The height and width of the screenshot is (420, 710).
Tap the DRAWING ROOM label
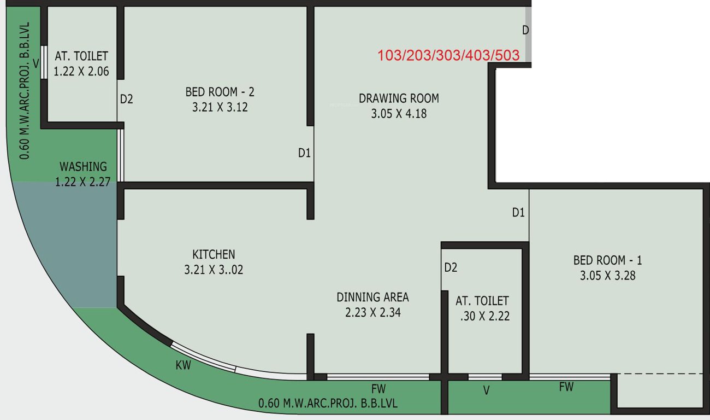(399, 98)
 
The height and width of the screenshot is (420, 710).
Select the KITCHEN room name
(214, 254)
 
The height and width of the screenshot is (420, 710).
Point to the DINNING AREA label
(372, 297)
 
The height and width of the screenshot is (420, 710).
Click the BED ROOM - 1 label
(607, 260)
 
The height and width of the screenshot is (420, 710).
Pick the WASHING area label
(83, 166)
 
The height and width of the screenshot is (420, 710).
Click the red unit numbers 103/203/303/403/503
(448, 55)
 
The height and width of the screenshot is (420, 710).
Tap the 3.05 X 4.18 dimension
(399, 114)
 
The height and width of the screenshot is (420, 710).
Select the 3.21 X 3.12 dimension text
(220, 108)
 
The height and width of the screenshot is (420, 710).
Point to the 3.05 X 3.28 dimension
(607, 276)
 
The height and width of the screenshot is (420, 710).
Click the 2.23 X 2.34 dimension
(372, 313)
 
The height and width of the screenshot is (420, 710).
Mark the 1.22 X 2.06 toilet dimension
(81, 71)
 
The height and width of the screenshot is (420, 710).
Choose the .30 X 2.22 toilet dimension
(484, 316)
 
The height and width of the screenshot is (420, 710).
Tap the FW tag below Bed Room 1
(566, 387)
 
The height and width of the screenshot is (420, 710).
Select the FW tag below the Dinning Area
(378, 389)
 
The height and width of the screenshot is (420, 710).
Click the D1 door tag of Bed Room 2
(304, 154)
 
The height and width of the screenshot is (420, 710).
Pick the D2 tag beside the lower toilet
(451, 268)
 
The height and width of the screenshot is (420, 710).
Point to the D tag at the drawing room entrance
(525, 31)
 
